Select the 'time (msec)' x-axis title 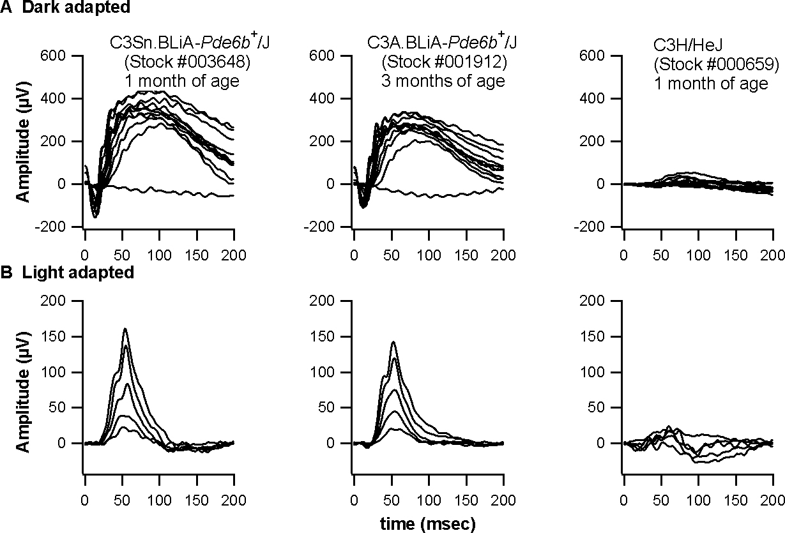tap(428, 523)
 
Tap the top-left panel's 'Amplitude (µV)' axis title tap(24, 142)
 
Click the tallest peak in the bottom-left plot tap(125, 329)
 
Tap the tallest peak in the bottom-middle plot tap(393, 342)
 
